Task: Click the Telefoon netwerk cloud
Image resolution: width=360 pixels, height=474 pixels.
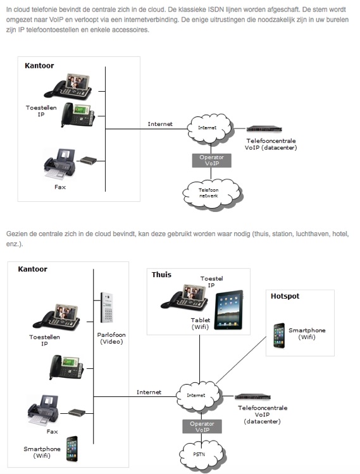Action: (211, 194)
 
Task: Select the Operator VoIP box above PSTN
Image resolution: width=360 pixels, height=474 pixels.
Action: (202, 427)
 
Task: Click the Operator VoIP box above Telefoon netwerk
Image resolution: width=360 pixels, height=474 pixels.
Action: (211, 161)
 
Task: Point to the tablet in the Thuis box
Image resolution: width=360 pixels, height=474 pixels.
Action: (229, 310)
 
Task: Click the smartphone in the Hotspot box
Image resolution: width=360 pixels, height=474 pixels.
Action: (279, 335)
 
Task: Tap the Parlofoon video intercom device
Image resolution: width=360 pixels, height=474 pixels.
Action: (107, 308)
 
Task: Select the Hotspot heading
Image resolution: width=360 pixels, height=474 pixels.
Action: (285, 296)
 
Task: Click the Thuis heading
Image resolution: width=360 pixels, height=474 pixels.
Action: (161, 275)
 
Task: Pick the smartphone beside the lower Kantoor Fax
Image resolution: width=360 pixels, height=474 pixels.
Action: (72, 449)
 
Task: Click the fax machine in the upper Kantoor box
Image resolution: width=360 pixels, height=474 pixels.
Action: (59, 164)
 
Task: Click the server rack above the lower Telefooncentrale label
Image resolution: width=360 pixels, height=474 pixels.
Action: (252, 397)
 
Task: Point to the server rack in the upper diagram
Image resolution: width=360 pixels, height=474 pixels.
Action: (264, 129)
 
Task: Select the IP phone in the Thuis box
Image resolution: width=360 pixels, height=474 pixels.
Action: (184, 297)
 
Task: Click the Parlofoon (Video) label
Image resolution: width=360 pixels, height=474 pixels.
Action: (111, 339)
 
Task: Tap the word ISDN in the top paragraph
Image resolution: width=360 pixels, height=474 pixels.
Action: (216, 9)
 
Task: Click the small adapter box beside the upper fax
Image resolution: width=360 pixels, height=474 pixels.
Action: (89, 160)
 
